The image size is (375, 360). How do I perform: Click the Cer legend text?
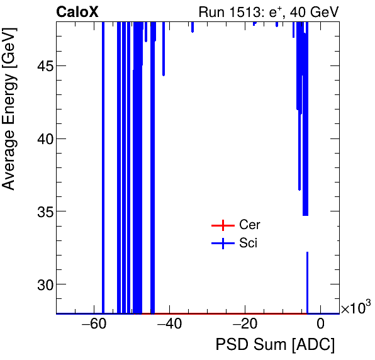249,225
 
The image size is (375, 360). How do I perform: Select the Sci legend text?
248,244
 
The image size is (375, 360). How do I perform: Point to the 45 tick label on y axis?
43,66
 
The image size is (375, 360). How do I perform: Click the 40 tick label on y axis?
43,139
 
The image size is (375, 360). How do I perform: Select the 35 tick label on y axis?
43,211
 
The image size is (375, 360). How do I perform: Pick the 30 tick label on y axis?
43,284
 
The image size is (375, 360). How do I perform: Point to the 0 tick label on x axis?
320,325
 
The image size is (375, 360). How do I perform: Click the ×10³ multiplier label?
355,308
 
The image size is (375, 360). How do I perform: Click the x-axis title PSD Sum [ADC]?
275,346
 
